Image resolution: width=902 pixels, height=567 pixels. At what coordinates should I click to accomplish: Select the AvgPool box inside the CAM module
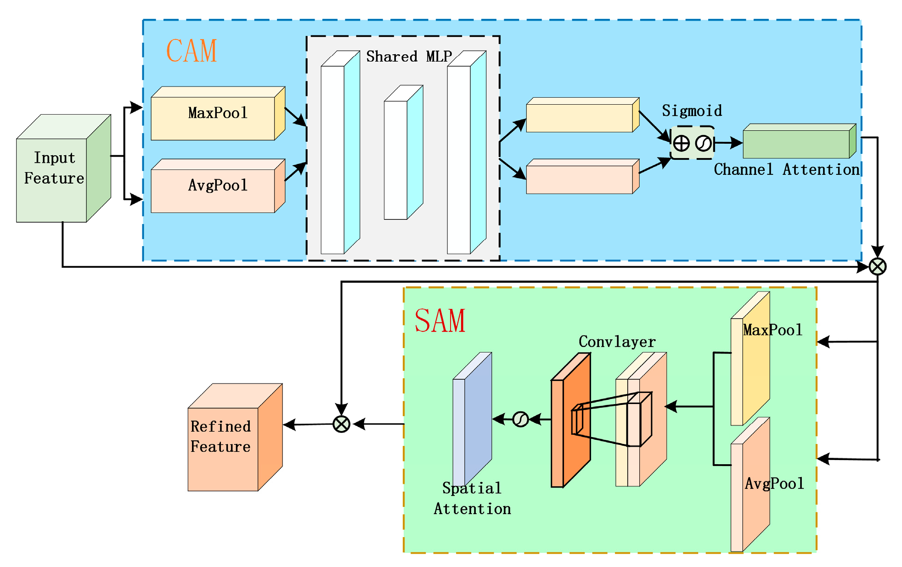pyautogui.click(x=218, y=186)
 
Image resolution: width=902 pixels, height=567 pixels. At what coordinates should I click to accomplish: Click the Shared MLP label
pyautogui.click(x=408, y=56)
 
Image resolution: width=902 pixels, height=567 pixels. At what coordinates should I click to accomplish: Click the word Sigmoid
pyautogui.click(x=691, y=111)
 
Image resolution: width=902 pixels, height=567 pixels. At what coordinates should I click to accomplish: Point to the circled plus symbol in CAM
pyautogui.click(x=681, y=143)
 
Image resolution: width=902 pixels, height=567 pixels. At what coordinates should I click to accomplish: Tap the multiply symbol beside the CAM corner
pyautogui.click(x=877, y=266)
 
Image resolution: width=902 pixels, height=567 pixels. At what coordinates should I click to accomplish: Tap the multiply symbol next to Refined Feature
pyautogui.click(x=341, y=424)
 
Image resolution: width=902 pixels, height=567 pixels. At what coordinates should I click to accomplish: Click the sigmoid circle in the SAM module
pyautogui.click(x=520, y=419)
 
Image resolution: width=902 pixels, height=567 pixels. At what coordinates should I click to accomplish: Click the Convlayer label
pyautogui.click(x=616, y=342)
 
